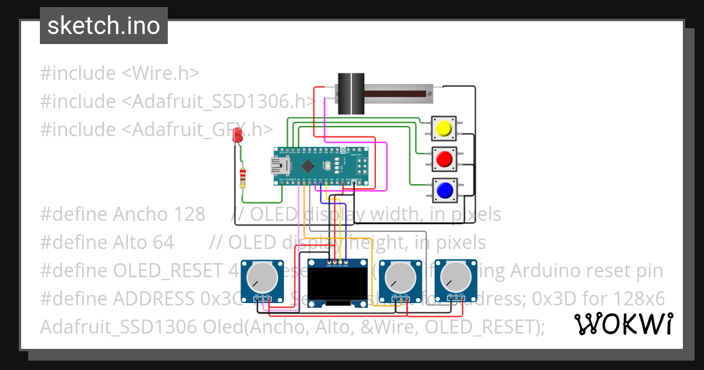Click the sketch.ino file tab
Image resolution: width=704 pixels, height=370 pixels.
coord(103,26)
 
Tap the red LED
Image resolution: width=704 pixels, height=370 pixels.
coord(238,135)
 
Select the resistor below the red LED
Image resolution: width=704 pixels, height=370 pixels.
coord(243,178)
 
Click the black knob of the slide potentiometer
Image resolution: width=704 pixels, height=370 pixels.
coord(350,93)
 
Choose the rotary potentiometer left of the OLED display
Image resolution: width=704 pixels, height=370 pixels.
coord(262,277)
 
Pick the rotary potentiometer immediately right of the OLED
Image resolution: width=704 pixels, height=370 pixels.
coord(401,277)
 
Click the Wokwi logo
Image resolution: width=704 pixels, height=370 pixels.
coord(623,324)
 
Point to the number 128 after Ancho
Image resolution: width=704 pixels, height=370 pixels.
coord(188,214)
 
